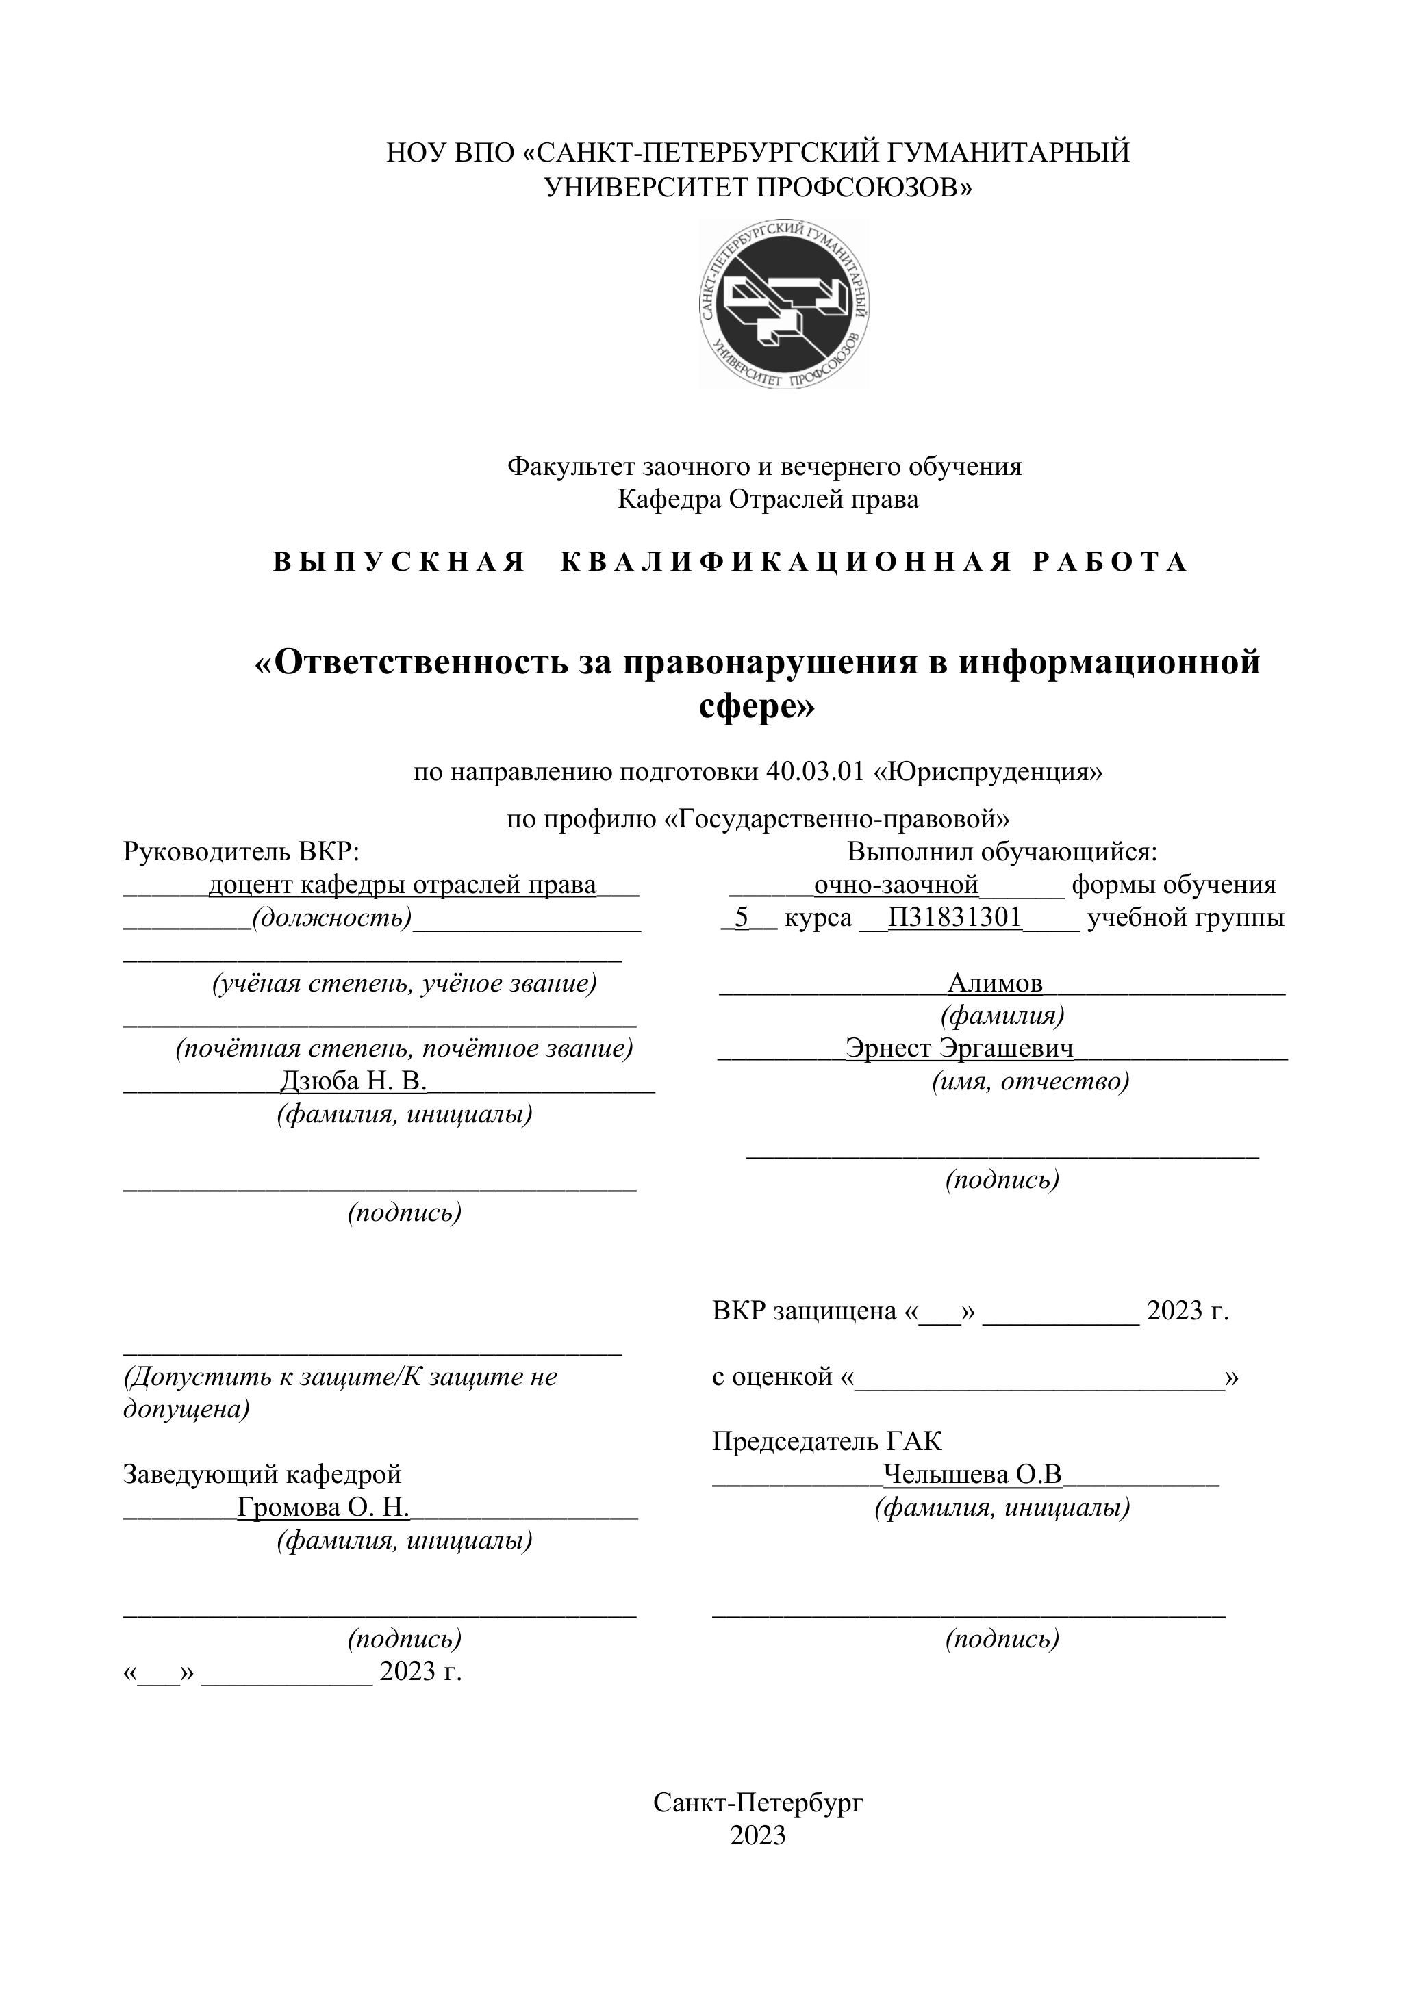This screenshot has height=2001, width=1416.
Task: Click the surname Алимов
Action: point(994,983)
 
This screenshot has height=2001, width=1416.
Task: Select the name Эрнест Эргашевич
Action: point(959,1048)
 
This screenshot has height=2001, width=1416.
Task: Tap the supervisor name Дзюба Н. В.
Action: point(353,1081)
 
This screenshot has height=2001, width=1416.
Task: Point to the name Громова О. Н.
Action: point(323,1507)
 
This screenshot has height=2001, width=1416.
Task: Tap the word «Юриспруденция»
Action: point(988,772)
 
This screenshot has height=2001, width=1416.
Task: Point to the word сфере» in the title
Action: point(757,706)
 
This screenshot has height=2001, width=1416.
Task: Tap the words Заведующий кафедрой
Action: point(262,1475)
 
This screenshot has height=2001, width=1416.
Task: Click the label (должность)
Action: point(331,918)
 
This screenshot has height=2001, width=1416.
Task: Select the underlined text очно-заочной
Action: point(896,886)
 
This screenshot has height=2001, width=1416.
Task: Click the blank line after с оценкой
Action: point(1039,1378)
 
